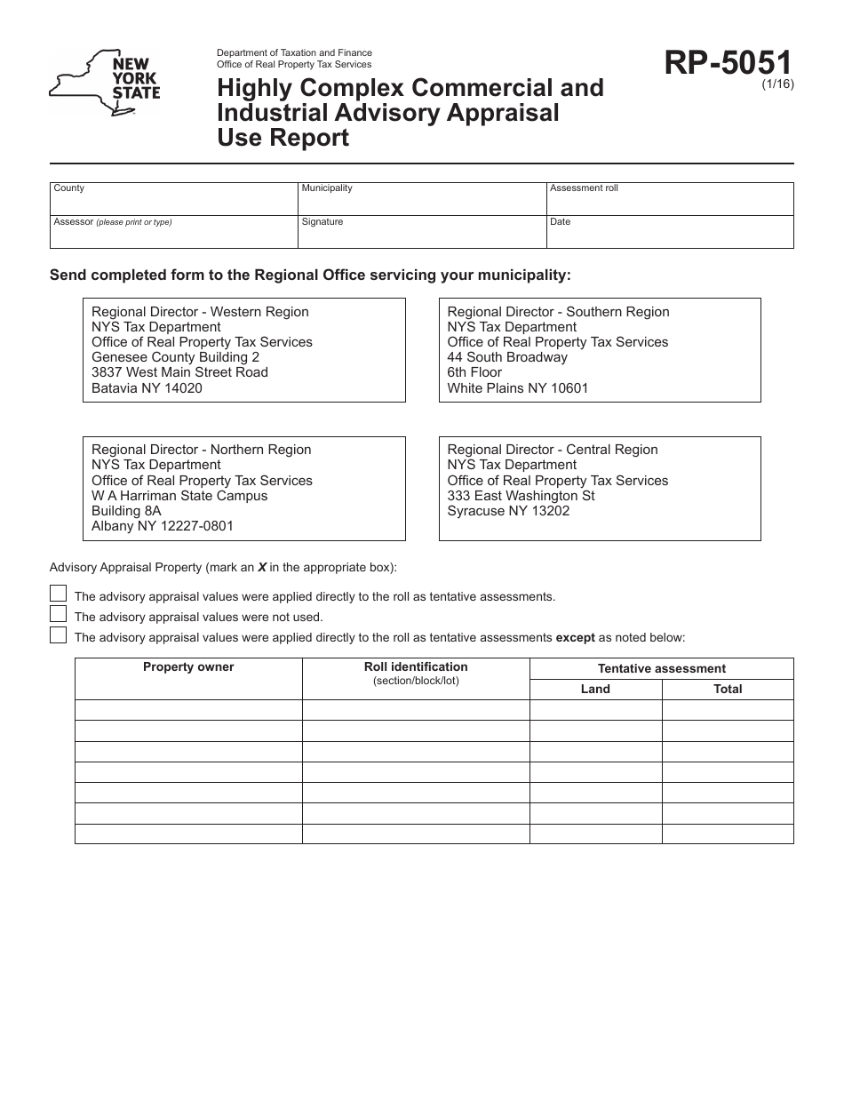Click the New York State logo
point(105,82)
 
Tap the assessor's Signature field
point(422,234)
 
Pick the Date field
point(670,234)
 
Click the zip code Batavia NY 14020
point(147,388)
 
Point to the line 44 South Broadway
point(507,357)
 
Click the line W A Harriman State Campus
point(179,496)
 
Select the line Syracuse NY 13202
point(508,511)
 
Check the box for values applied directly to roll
point(58,594)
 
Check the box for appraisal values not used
point(58,614)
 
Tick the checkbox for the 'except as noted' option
point(58,634)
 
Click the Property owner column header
point(188,667)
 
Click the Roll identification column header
point(416,667)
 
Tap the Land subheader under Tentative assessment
point(595,689)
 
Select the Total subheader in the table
point(728,689)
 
